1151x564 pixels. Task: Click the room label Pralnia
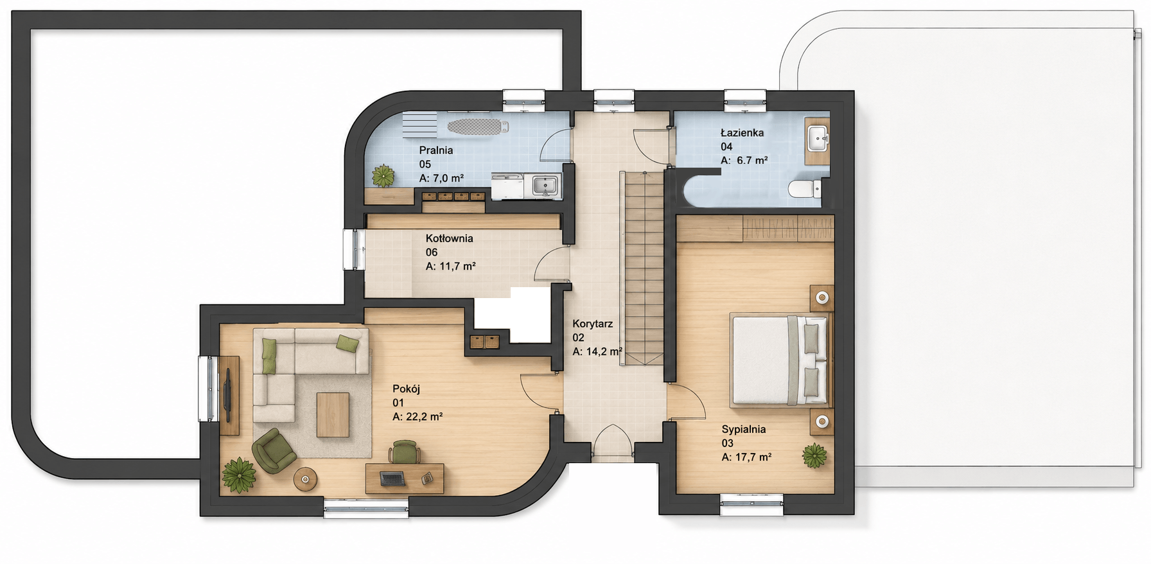pos(436,150)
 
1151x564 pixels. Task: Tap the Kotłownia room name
pos(449,238)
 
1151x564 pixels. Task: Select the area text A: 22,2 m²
pos(417,417)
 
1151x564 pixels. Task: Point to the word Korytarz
pos(592,324)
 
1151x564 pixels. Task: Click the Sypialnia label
pos(743,429)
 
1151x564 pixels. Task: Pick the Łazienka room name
pos(742,132)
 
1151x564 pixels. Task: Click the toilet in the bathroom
pos(804,189)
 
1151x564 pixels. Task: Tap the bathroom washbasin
pos(817,137)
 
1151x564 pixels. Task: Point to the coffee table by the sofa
pos(333,414)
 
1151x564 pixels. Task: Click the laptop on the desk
pos(392,479)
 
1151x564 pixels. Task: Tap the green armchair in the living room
pos(274,450)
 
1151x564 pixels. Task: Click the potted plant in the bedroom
pos(814,455)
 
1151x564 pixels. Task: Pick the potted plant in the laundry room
pos(383,175)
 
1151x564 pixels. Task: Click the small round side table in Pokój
pos(305,479)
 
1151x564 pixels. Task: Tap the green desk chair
pos(405,451)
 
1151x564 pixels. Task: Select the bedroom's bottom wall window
pos(751,504)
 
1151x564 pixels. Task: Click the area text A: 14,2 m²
pos(597,351)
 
